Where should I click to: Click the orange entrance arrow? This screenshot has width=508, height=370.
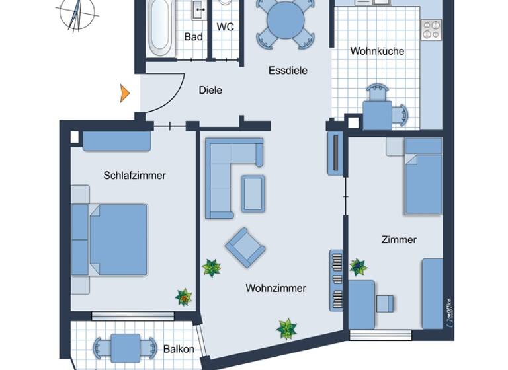[124, 94]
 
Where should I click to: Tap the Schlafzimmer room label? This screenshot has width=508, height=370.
[134, 176]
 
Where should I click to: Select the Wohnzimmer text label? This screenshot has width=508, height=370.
[275, 288]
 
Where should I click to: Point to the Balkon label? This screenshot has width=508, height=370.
[179, 349]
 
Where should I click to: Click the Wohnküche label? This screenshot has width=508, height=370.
[377, 51]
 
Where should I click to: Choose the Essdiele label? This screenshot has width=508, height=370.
[288, 71]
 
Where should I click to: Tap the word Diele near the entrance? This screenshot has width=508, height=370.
[210, 91]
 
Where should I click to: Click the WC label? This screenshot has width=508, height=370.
[226, 27]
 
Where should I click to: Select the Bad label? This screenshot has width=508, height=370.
[193, 37]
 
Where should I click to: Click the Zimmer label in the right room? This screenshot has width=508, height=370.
[399, 239]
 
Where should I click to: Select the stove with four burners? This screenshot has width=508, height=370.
[431, 30]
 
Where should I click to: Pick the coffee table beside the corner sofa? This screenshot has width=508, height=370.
[253, 194]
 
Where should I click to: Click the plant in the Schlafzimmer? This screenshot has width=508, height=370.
[183, 297]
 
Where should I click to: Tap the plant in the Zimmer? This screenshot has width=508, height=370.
[358, 266]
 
